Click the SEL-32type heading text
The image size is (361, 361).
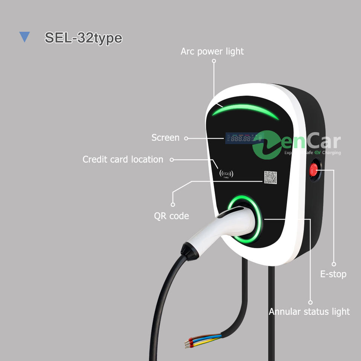[83, 38]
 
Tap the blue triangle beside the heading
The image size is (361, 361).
[24, 37]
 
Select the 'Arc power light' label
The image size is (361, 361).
[212, 51]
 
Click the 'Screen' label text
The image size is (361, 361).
[165, 138]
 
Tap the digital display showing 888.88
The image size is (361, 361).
[241, 138]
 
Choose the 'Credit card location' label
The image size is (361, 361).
[123, 159]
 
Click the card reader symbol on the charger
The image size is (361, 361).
[226, 173]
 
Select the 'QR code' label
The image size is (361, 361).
[171, 216]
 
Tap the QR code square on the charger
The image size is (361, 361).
[270, 177]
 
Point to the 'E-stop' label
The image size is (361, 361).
[333, 274]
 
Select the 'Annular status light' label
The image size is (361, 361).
[309, 311]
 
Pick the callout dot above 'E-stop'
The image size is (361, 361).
[334, 264]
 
